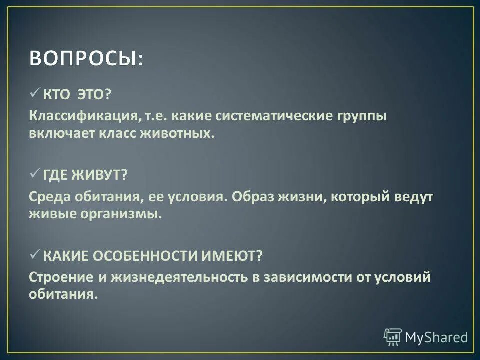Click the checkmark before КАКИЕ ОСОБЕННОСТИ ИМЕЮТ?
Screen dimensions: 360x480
click(x=35, y=255)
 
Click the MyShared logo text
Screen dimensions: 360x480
click(x=436, y=337)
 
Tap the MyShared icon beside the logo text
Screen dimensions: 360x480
click(x=393, y=337)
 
